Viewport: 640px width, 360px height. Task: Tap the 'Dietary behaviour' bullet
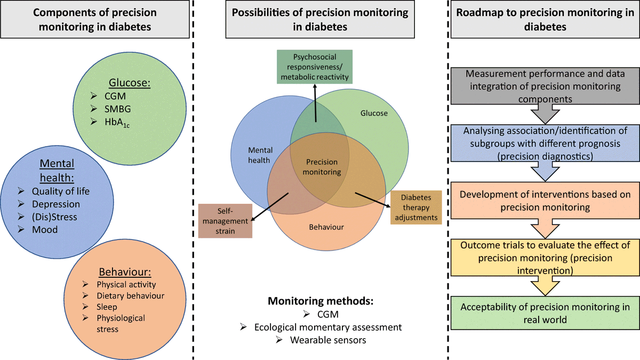(x=131, y=295)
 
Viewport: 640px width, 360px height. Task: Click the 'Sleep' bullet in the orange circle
(x=107, y=307)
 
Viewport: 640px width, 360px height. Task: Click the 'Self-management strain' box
(x=225, y=221)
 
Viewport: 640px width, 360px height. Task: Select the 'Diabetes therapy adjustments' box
(x=416, y=207)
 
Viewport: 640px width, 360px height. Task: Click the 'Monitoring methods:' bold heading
(x=320, y=301)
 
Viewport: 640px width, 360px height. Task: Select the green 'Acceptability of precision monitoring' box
(x=543, y=313)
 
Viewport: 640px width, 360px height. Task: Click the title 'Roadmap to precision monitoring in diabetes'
(x=543, y=20)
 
